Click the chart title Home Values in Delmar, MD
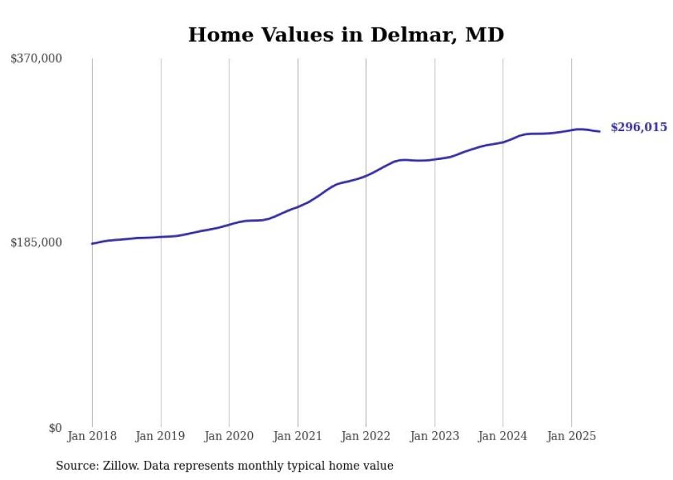(346, 35)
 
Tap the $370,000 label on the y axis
(36, 59)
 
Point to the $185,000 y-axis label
(36, 242)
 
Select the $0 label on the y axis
(55, 428)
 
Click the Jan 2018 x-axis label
(92, 436)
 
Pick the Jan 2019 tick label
(161, 436)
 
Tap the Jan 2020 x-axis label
(229, 436)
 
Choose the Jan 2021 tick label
(297, 436)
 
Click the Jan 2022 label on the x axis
(366, 436)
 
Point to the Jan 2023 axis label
(434, 436)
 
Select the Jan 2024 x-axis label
(503, 436)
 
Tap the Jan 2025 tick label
(571, 436)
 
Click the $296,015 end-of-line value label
(639, 127)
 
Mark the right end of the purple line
(600, 131)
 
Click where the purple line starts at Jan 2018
(92, 244)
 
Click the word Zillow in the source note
(119, 466)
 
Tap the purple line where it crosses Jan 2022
(366, 175)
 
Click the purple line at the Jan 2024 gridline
(503, 142)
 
